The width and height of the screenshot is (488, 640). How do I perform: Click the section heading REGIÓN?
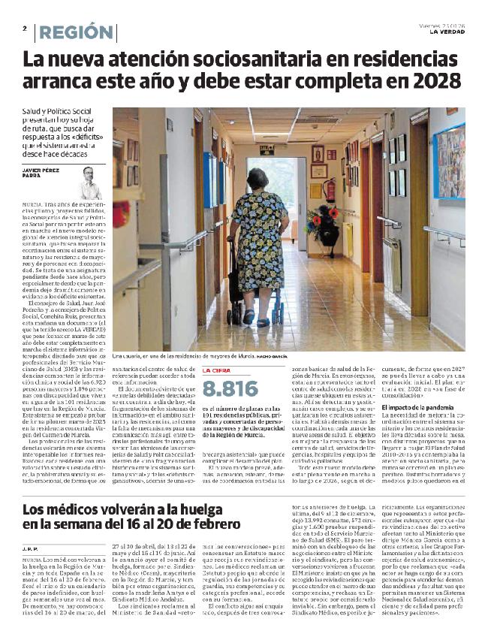coord(76,32)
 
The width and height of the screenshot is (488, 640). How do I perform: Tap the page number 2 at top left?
coord(25,29)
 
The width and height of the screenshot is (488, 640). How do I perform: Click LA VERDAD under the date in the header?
coord(445,32)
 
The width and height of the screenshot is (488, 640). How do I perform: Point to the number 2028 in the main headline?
coord(431,81)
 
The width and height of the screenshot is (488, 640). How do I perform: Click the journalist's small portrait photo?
coord(92,183)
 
